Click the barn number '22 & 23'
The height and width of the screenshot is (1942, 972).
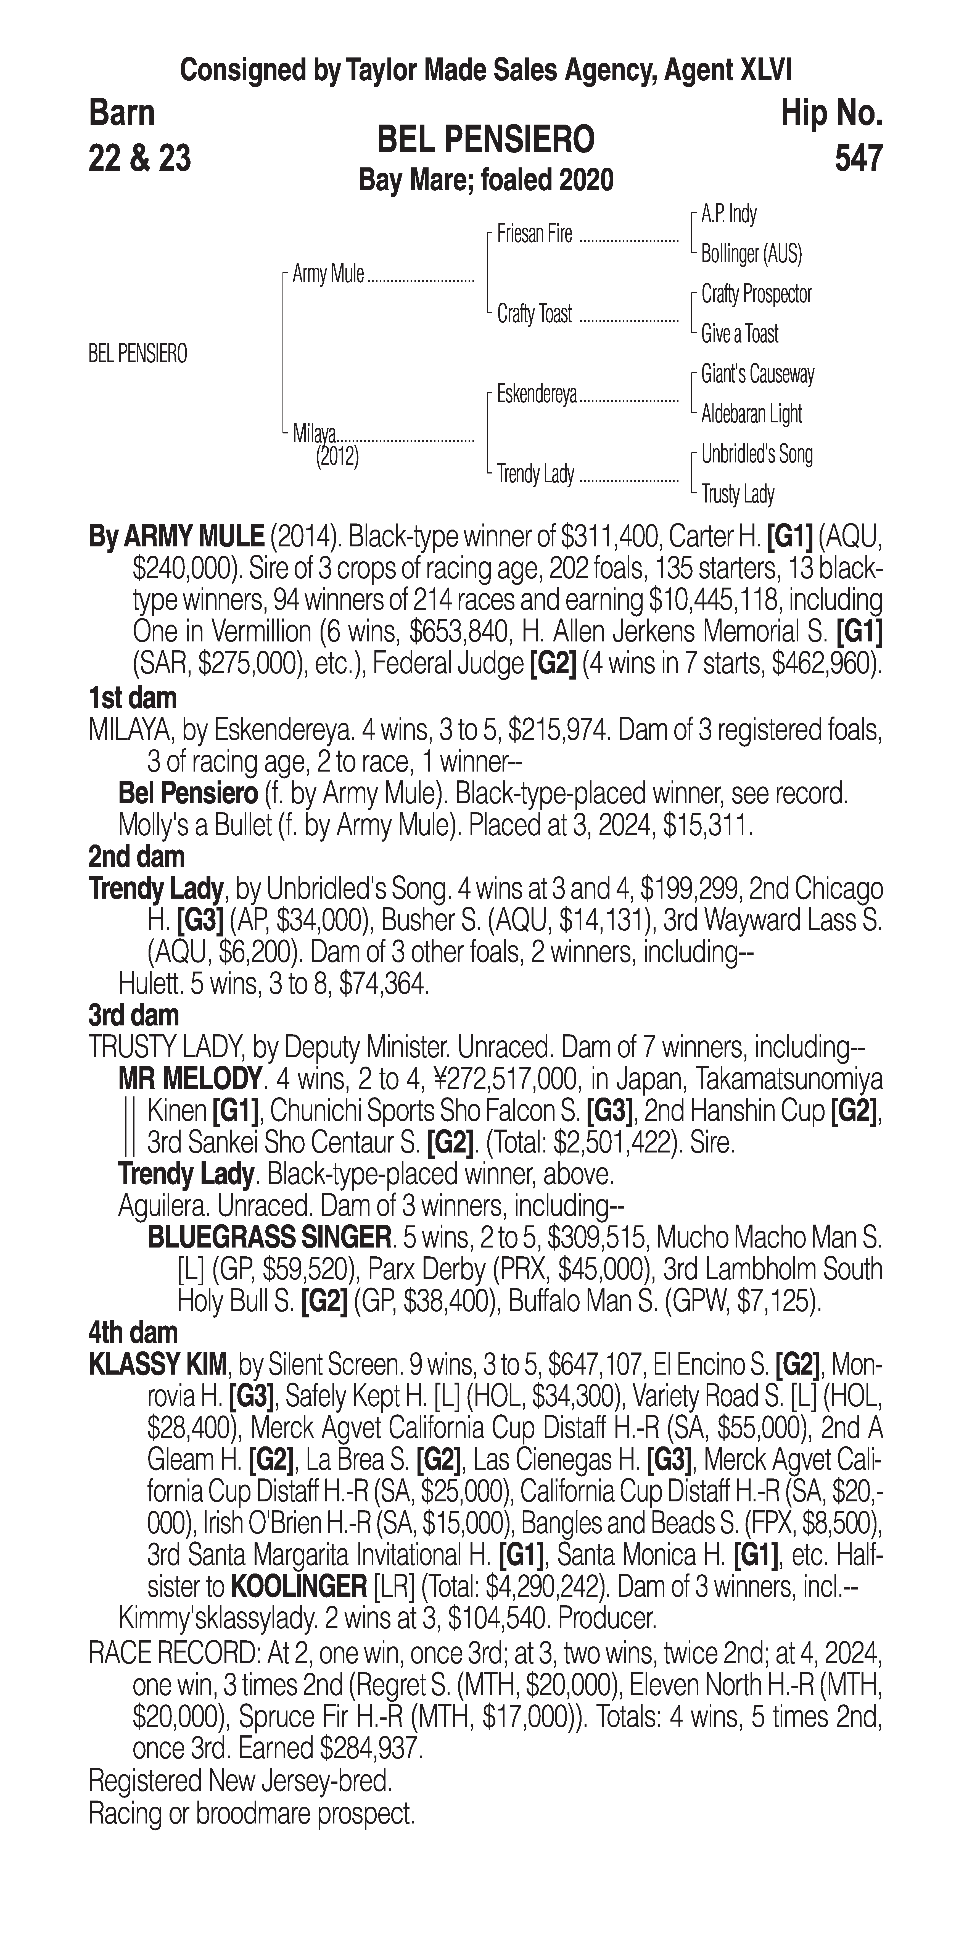coord(139,158)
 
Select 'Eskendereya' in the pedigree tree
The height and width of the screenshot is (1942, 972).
coord(537,394)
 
